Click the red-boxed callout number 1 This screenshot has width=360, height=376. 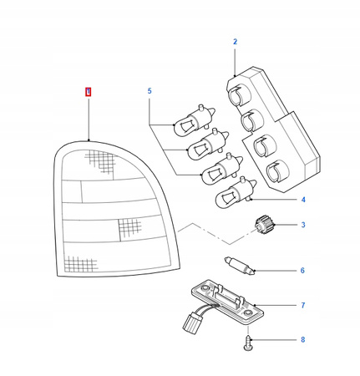(x=88, y=92)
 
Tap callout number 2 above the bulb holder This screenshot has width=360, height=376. (x=235, y=42)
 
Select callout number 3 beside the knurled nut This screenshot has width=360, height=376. (x=303, y=225)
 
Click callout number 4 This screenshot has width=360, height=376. (x=303, y=200)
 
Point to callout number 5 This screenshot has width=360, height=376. (x=150, y=91)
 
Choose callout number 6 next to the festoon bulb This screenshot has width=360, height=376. (x=302, y=271)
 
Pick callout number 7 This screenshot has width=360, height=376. (x=303, y=306)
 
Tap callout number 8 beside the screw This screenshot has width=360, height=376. (x=303, y=340)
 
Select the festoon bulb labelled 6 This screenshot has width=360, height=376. (x=240, y=267)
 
